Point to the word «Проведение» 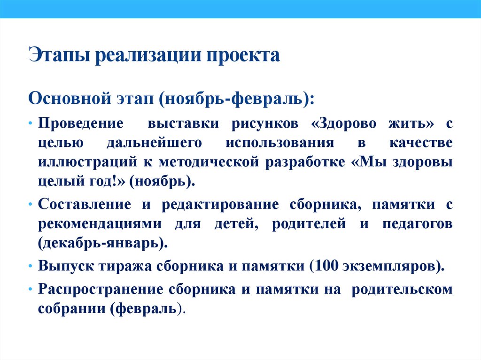tap(80, 124)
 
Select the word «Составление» tap(85, 205)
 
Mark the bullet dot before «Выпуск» tap(30, 266)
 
